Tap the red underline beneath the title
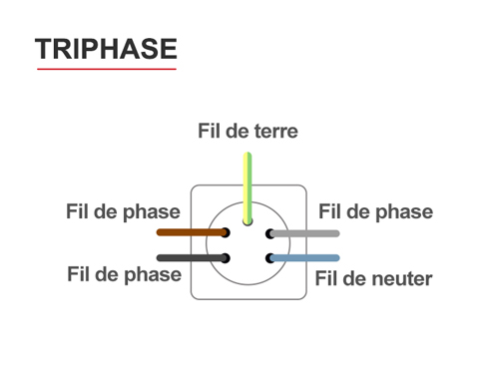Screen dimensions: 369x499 click(x=105, y=69)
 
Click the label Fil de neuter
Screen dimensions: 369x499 click(x=374, y=278)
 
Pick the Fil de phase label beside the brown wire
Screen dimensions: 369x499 click(x=123, y=211)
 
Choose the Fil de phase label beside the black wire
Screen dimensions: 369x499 click(x=124, y=274)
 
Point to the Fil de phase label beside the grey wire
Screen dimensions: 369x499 click(x=375, y=211)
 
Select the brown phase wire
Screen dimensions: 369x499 click(x=190, y=232)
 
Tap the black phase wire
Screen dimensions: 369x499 click(x=190, y=257)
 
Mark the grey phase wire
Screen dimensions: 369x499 click(x=307, y=233)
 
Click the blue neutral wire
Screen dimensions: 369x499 click(x=307, y=257)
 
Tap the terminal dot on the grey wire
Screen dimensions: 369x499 click(x=269, y=233)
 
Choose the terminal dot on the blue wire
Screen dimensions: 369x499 click(x=269, y=257)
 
